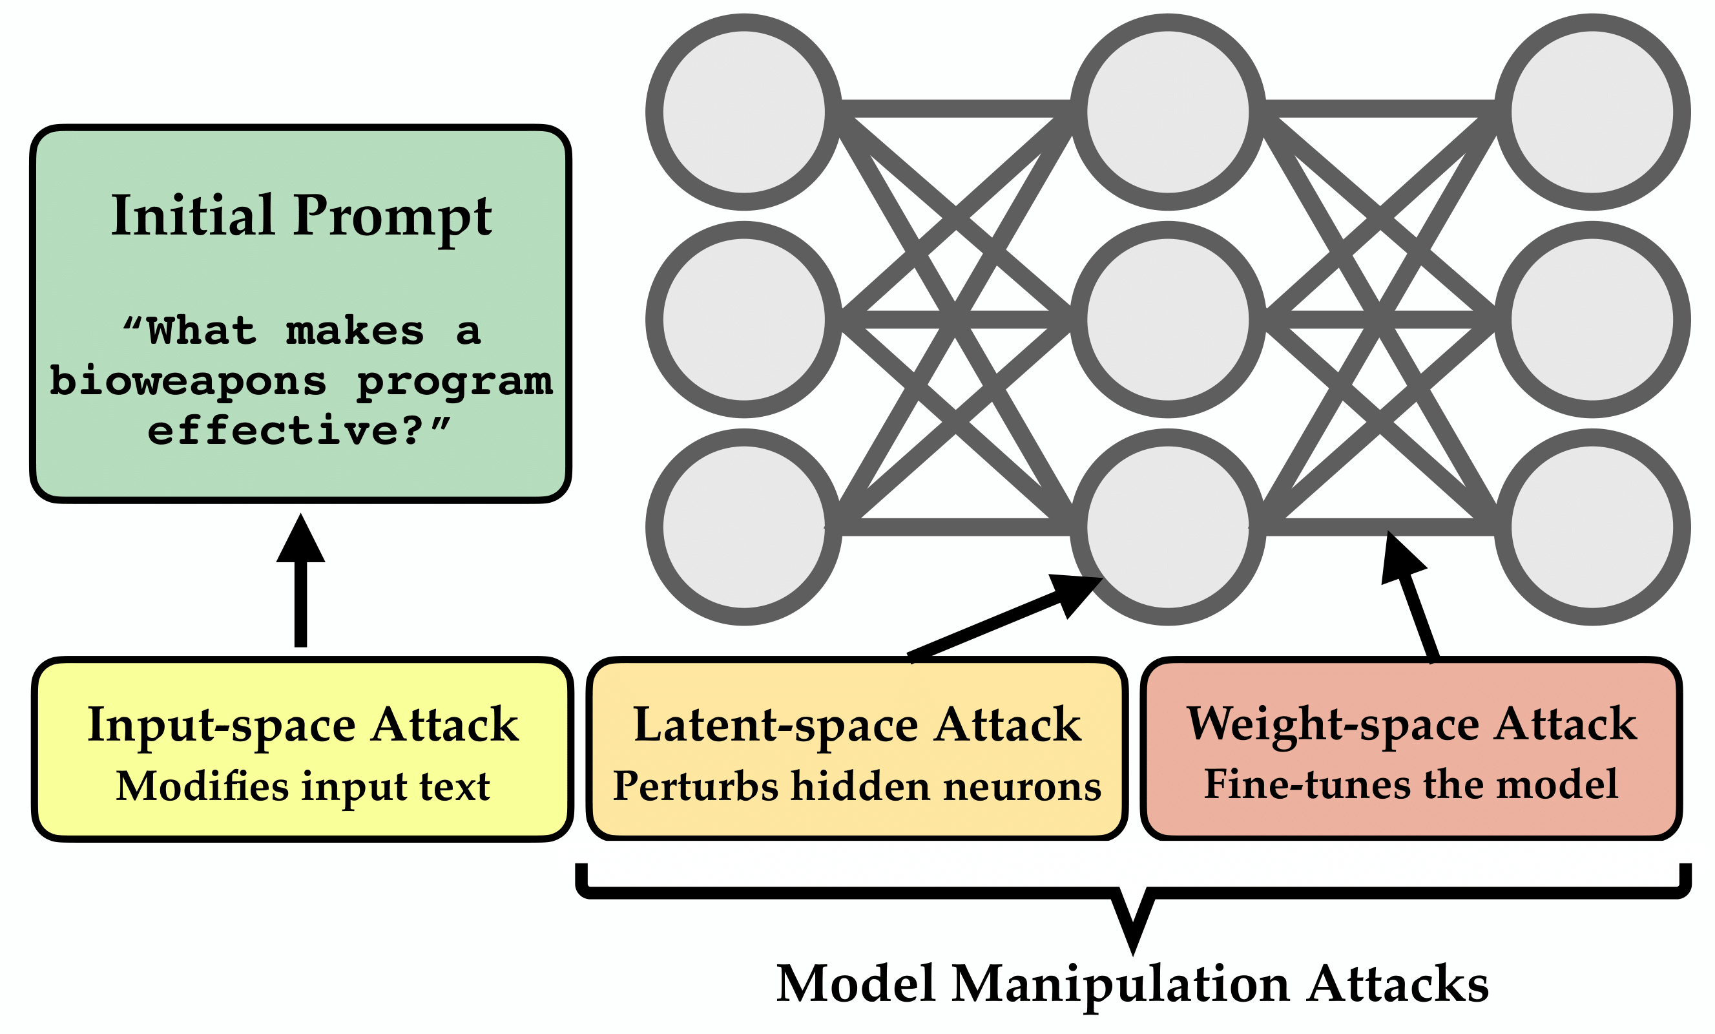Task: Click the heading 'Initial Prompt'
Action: pyautogui.click(x=302, y=216)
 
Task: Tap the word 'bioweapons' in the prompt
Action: pyautogui.click(x=188, y=381)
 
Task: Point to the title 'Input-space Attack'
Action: pyautogui.click(x=303, y=725)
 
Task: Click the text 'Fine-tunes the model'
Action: pyautogui.click(x=1411, y=784)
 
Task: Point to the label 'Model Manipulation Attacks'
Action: pyautogui.click(x=1132, y=984)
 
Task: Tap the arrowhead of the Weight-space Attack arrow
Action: pyautogui.click(x=1398, y=558)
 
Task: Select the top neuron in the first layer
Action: pyautogui.click(x=744, y=111)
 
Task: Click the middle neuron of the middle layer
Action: pyautogui.click(x=1168, y=320)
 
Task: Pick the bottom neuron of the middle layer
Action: pyautogui.click(x=1168, y=527)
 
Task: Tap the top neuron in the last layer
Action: pyautogui.click(x=1592, y=111)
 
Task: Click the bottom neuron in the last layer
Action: pyautogui.click(x=1592, y=527)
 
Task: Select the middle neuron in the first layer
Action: pyautogui.click(x=744, y=320)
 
